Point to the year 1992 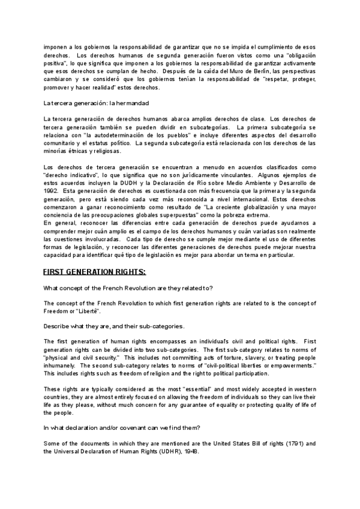51,190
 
